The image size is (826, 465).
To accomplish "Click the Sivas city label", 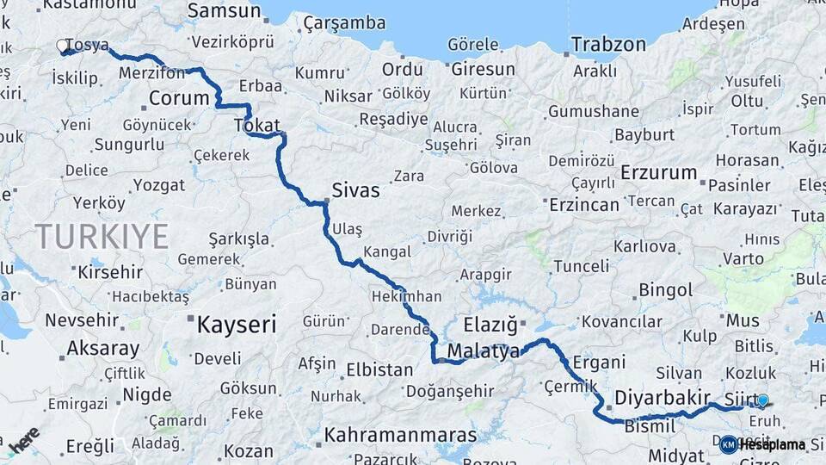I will tap(355, 190).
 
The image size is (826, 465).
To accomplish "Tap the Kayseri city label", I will tap(237, 325).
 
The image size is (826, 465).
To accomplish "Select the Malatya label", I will tap(484, 351).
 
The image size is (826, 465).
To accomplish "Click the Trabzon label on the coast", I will tap(608, 44).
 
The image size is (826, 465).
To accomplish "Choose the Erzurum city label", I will tap(658, 172).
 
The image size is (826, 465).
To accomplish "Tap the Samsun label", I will tap(224, 11).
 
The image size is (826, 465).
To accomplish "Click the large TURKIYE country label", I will tap(102, 235).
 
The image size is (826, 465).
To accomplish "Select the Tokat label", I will tap(257, 127).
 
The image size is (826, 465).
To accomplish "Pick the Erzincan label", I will tap(583, 205).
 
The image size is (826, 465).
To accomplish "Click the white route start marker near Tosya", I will tap(63, 45).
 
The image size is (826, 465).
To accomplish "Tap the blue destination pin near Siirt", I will tap(762, 400).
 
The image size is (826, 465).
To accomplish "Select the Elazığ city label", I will tap(490, 325).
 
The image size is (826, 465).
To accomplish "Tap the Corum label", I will tap(179, 98).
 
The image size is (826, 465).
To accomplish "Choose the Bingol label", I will tap(665, 290).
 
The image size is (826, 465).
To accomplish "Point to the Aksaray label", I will tap(102, 349).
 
